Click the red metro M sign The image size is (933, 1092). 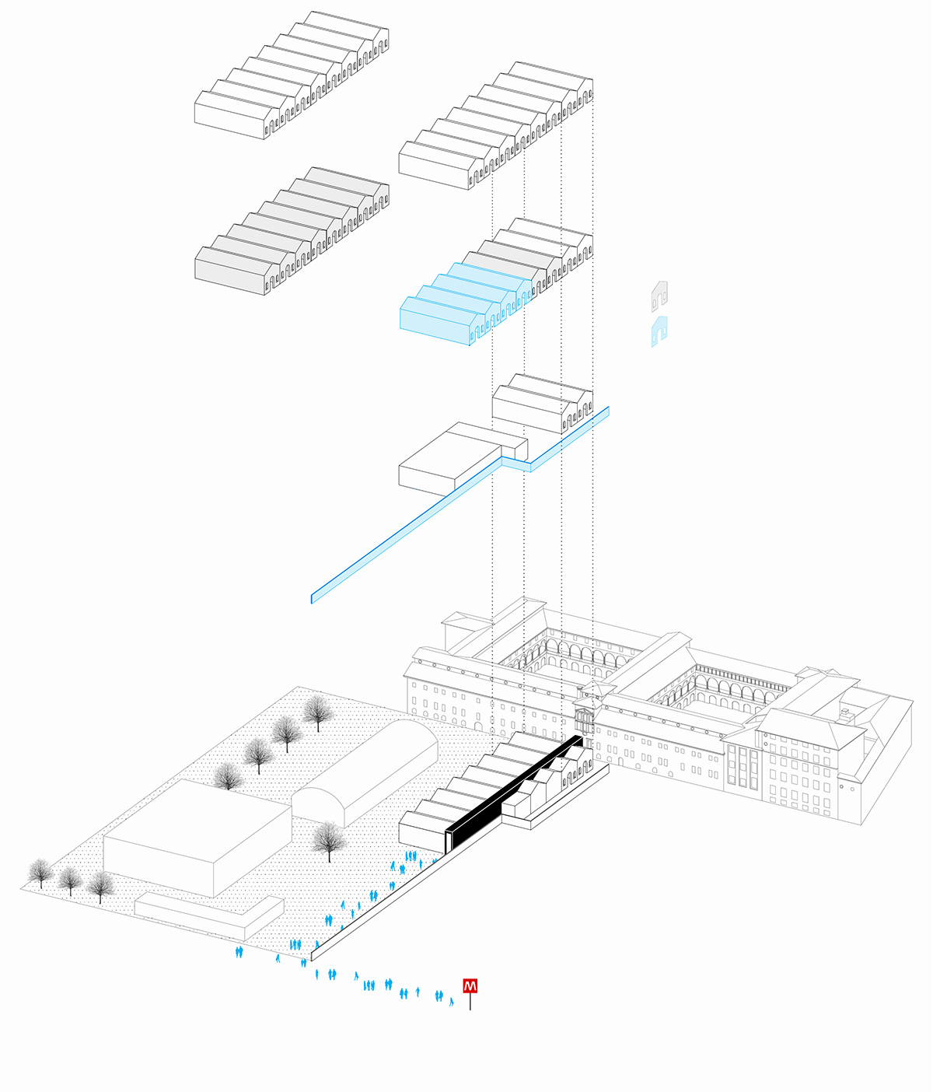click(470, 986)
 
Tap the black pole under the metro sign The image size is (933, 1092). click(470, 1002)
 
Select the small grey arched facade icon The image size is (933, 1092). click(659, 296)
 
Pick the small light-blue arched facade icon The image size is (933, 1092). click(659, 331)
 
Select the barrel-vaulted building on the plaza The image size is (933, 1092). click(365, 770)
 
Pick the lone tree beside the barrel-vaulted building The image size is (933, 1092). click(329, 840)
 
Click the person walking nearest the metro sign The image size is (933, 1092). click(451, 1002)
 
